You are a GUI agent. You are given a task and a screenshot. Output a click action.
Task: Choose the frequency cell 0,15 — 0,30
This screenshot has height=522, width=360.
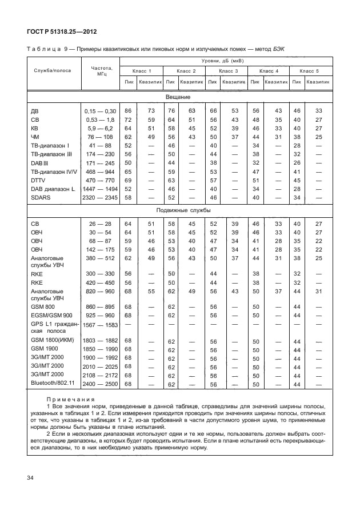(100, 111)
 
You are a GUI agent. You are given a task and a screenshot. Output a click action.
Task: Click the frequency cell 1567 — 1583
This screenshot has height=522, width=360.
(100, 325)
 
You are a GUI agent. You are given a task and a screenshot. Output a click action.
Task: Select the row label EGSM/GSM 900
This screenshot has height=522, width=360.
(51, 315)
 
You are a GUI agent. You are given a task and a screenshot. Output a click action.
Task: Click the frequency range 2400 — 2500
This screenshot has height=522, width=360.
(100, 385)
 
